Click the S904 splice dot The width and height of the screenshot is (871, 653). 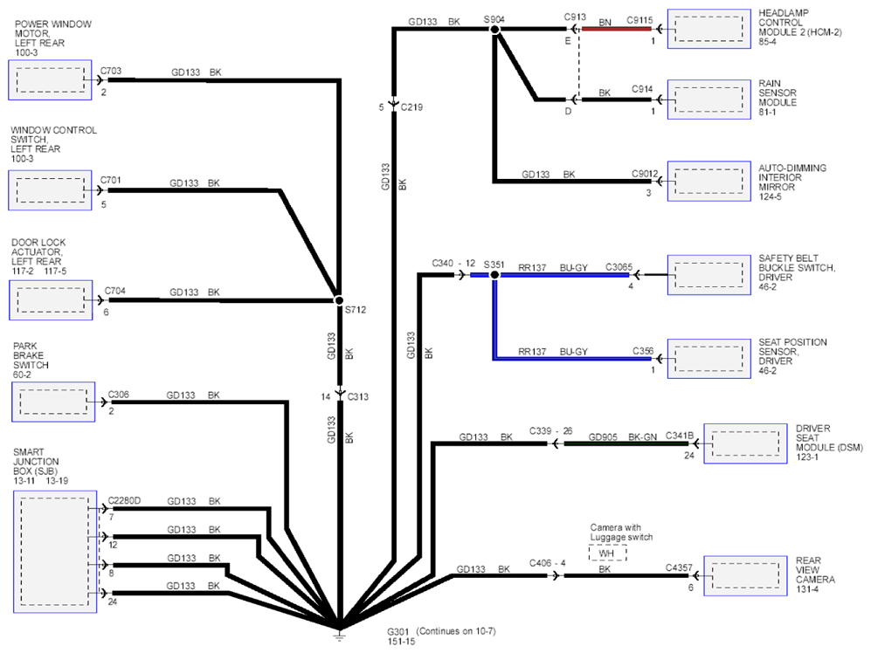click(494, 29)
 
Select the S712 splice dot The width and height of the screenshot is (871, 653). click(338, 300)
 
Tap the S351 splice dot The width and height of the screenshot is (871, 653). click(494, 274)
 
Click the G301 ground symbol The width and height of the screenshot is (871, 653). click(339, 634)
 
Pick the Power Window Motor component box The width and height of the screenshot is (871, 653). click(50, 80)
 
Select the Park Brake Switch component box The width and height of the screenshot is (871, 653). click(53, 402)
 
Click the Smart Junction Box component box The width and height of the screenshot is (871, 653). click(55, 552)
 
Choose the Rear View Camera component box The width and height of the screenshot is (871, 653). click(745, 576)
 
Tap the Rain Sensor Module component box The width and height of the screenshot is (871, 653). click(709, 100)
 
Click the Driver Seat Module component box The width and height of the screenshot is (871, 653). click(745, 443)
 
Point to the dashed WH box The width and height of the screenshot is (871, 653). click(607, 553)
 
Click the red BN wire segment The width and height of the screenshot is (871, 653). click(617, 29)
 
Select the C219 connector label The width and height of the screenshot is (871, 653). click(411, 107)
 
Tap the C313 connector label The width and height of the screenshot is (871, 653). click(357, 396)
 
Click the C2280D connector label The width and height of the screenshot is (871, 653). click(124, 500)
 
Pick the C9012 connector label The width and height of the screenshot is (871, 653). click(645, 174)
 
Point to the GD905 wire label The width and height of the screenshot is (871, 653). click(603, 437)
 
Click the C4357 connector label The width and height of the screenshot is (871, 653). click(679, 567)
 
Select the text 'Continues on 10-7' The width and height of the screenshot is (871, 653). click(455, 631)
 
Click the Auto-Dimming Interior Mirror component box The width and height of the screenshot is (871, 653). click(709, 181)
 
